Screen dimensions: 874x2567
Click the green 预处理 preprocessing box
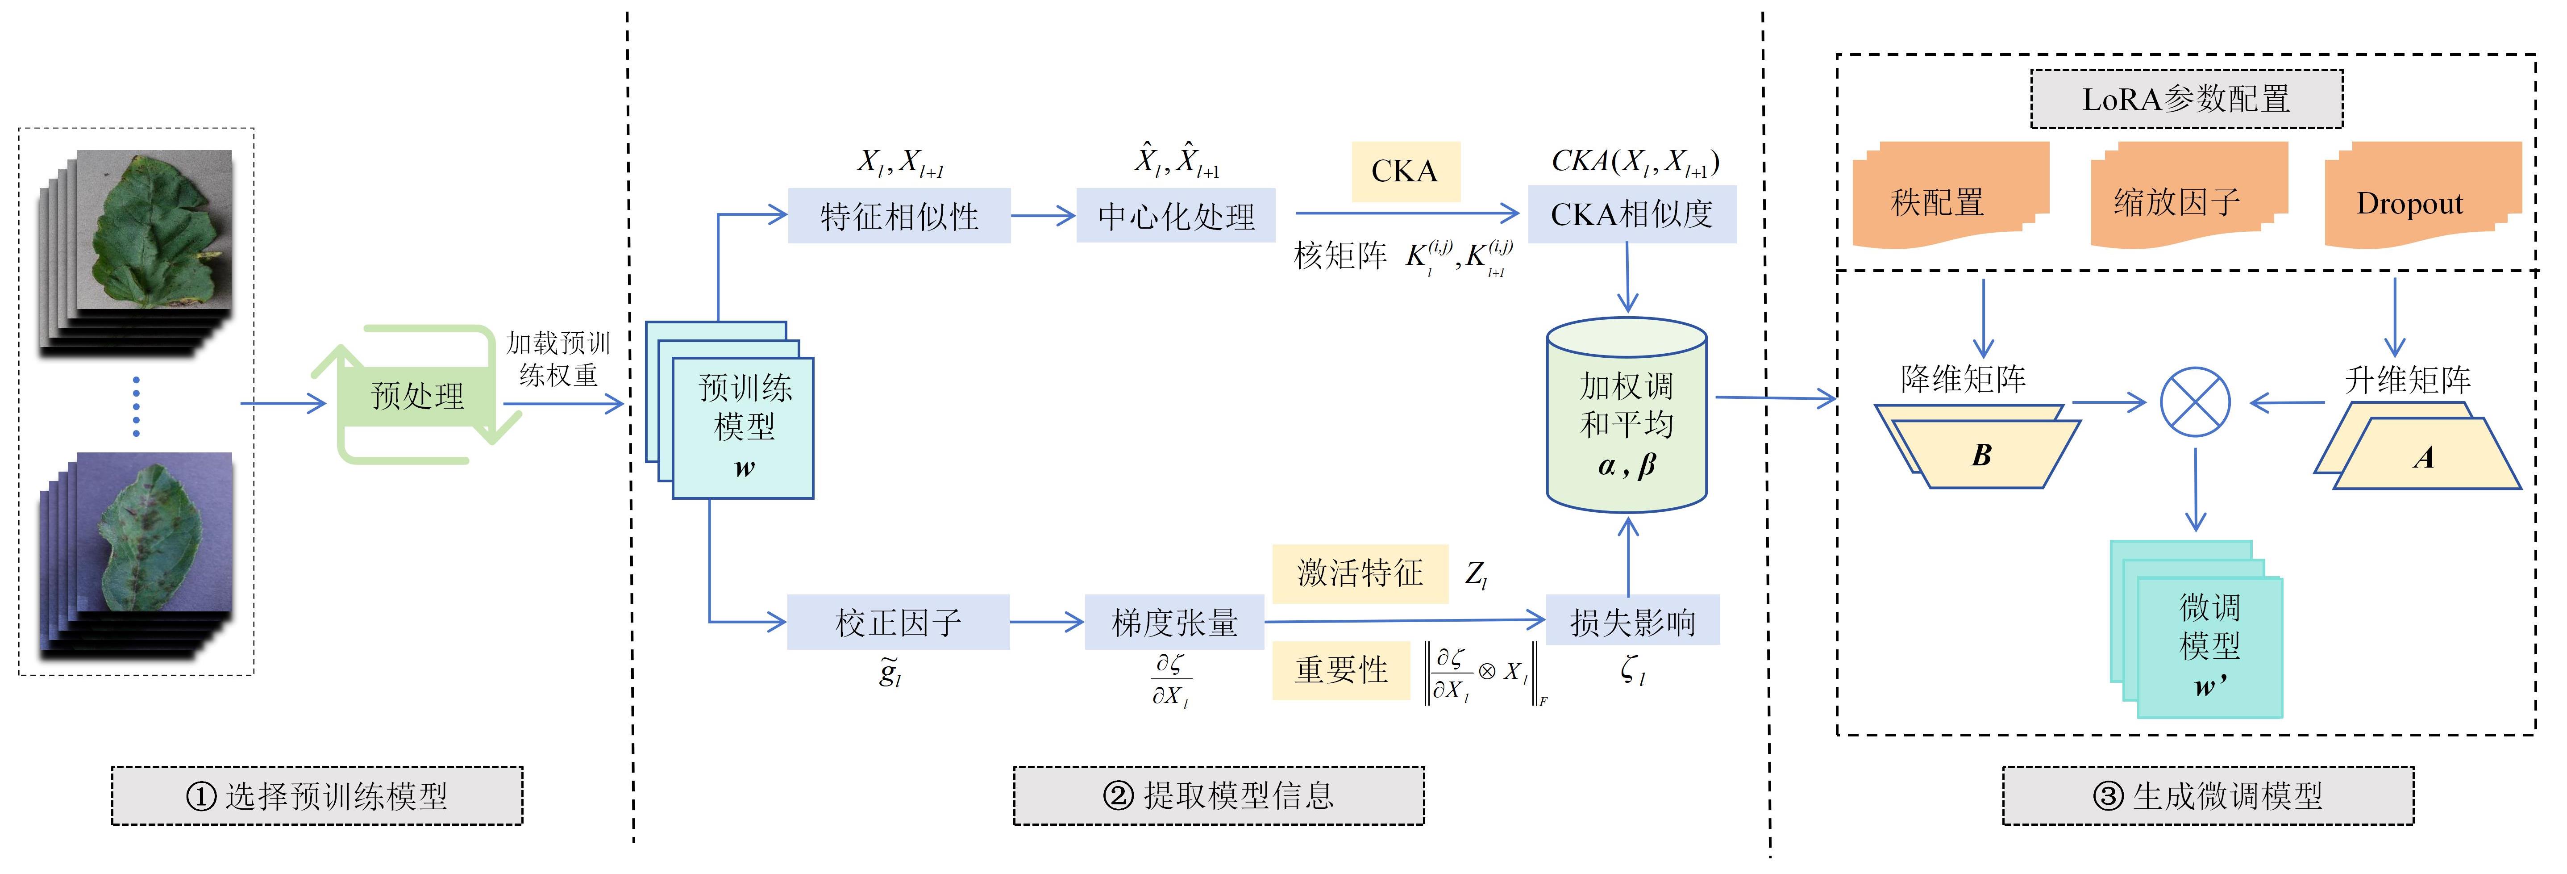coord(417,396)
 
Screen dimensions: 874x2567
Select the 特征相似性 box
coord(899,215)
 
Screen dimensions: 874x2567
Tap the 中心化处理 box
coord(1176,215)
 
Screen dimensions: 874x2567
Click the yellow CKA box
coord(1405,171)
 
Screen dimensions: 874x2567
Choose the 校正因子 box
coord(898,622)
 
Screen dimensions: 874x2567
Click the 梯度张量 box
coord(1174,622)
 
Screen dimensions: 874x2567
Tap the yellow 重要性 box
coord(1341,670)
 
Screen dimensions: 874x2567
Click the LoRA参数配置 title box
coord(2186,99)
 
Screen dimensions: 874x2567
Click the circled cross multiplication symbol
coord(2195,403)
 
